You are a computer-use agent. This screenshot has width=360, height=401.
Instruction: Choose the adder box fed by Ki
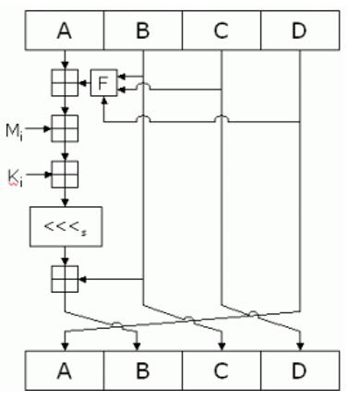coord(64,173)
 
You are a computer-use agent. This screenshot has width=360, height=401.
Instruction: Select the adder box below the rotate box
coord(64,277)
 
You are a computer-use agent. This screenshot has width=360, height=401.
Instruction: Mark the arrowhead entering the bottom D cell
coord(301,346)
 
